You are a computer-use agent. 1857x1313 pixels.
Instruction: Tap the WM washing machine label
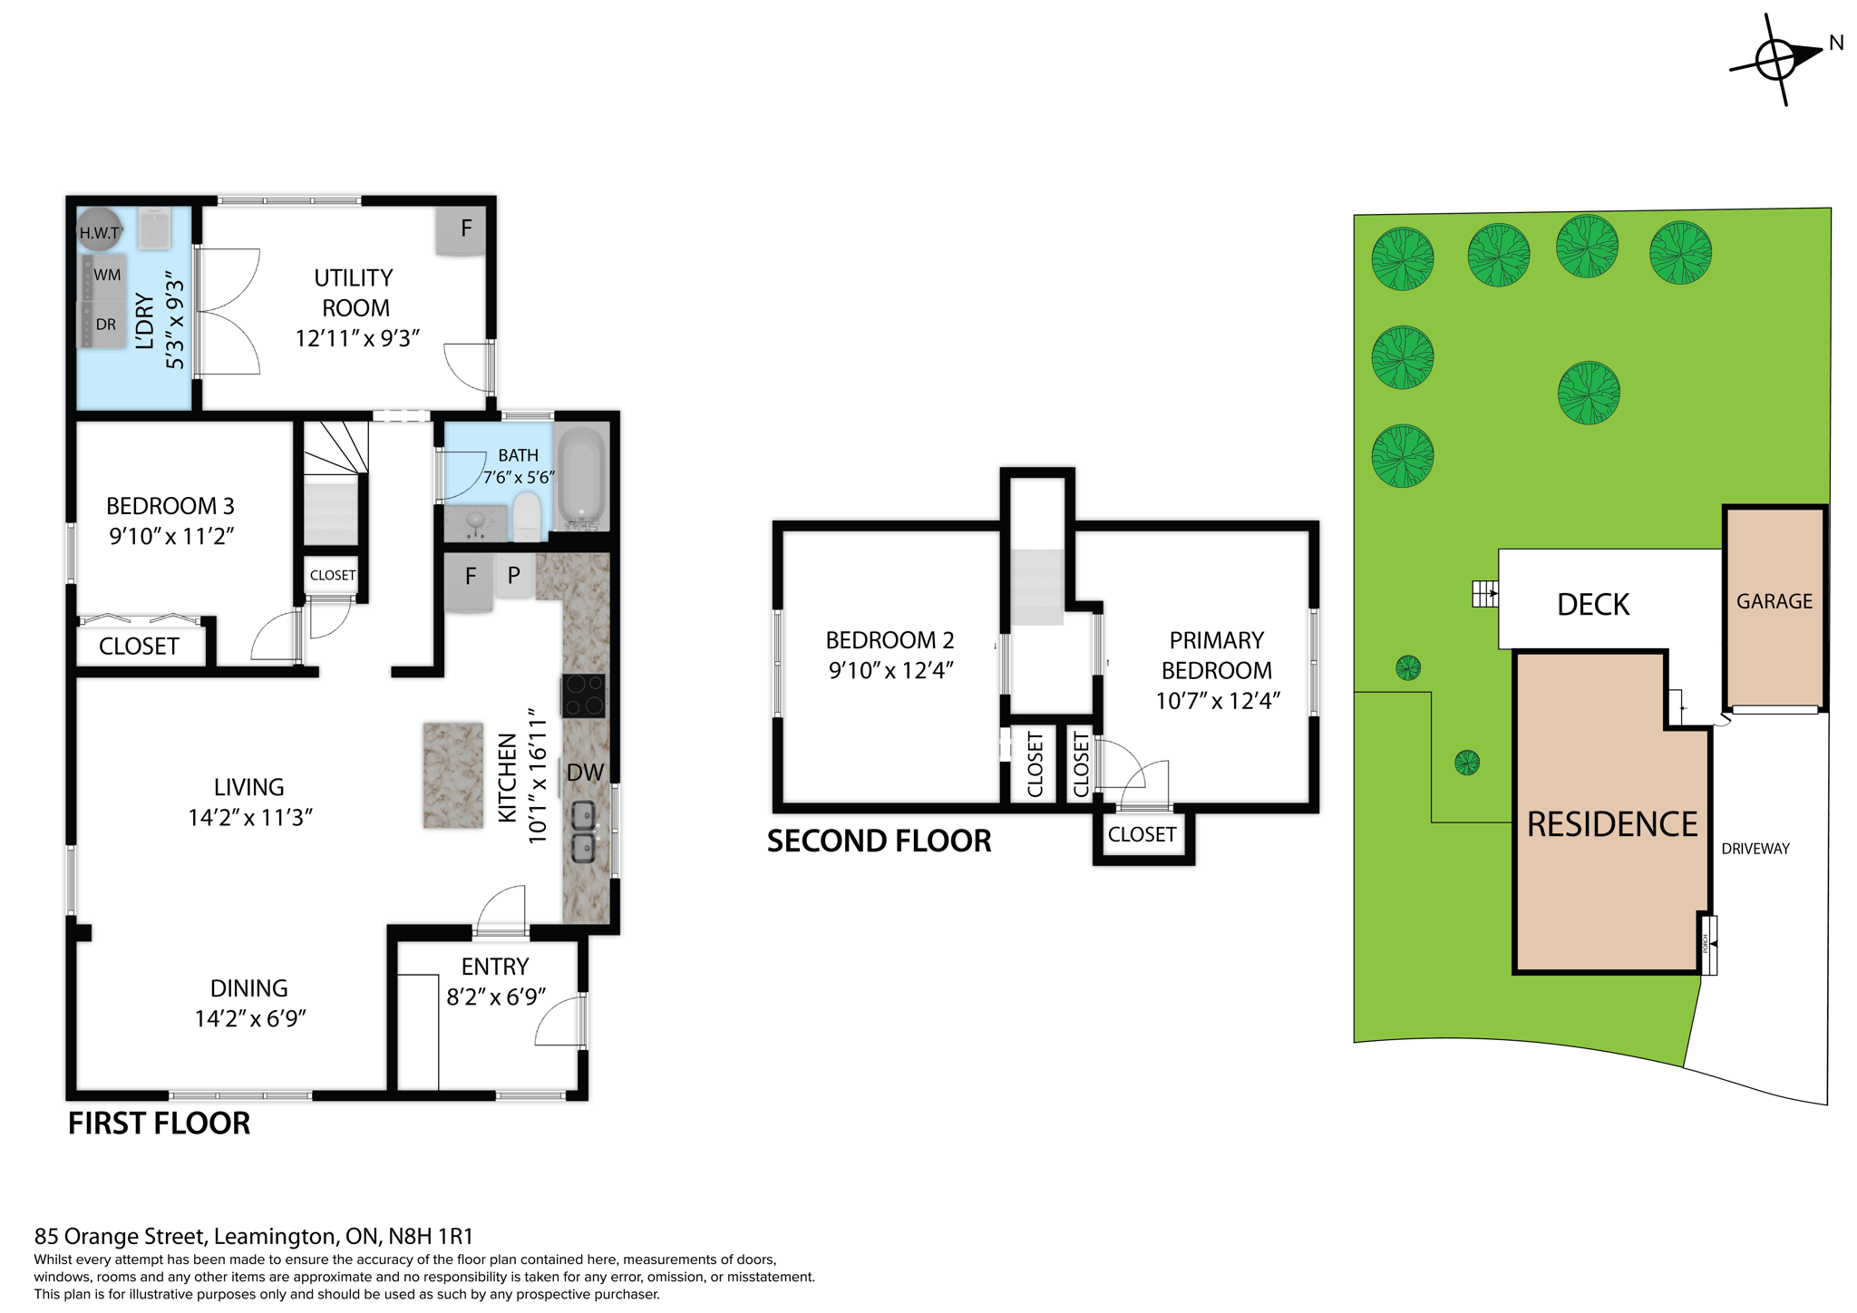pyautogui.click(x=107, y=275)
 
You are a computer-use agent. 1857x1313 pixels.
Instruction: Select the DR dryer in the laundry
pyautogui.click(x=105, y=324)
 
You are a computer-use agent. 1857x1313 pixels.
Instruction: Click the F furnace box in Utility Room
pyautogui.click(x=465, y=229)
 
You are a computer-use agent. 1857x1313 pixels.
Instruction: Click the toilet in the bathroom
pyautogui.click(x=526, y=515)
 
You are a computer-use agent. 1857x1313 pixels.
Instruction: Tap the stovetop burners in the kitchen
pyautogui.click(x=583, y=696)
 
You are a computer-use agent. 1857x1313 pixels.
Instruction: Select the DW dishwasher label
pyautogui.click(x=585, y=773)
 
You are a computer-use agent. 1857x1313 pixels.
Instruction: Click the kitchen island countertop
pyautogui.click(x=452, y=774)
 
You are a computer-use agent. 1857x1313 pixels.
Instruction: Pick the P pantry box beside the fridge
pyautogui.click(x=513, y=575)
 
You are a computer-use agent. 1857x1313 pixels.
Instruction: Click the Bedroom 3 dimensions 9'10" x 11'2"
pyautogui.click(x=171, y=536)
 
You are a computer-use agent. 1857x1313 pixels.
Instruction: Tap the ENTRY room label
pyautogui.click(x=494, y=967)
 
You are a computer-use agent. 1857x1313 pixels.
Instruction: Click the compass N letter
pyautogui.click(x=1836, y=43)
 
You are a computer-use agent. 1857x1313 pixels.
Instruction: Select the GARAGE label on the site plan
pyautogui.click(x=1774, y=601)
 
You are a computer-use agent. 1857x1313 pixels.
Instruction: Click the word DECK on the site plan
pyautogui.click(x=1592, y=605)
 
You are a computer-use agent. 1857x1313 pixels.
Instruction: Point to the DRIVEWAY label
pyautogui.click(x=1755, y=849)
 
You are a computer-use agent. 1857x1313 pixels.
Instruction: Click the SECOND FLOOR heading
pyautogui.click(x=879, y=841)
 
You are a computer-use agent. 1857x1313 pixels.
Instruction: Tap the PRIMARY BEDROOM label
pyautogui.click(x=1216, y=655)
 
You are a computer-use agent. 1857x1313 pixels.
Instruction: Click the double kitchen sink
pyautogui.click(x=582, y=831)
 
